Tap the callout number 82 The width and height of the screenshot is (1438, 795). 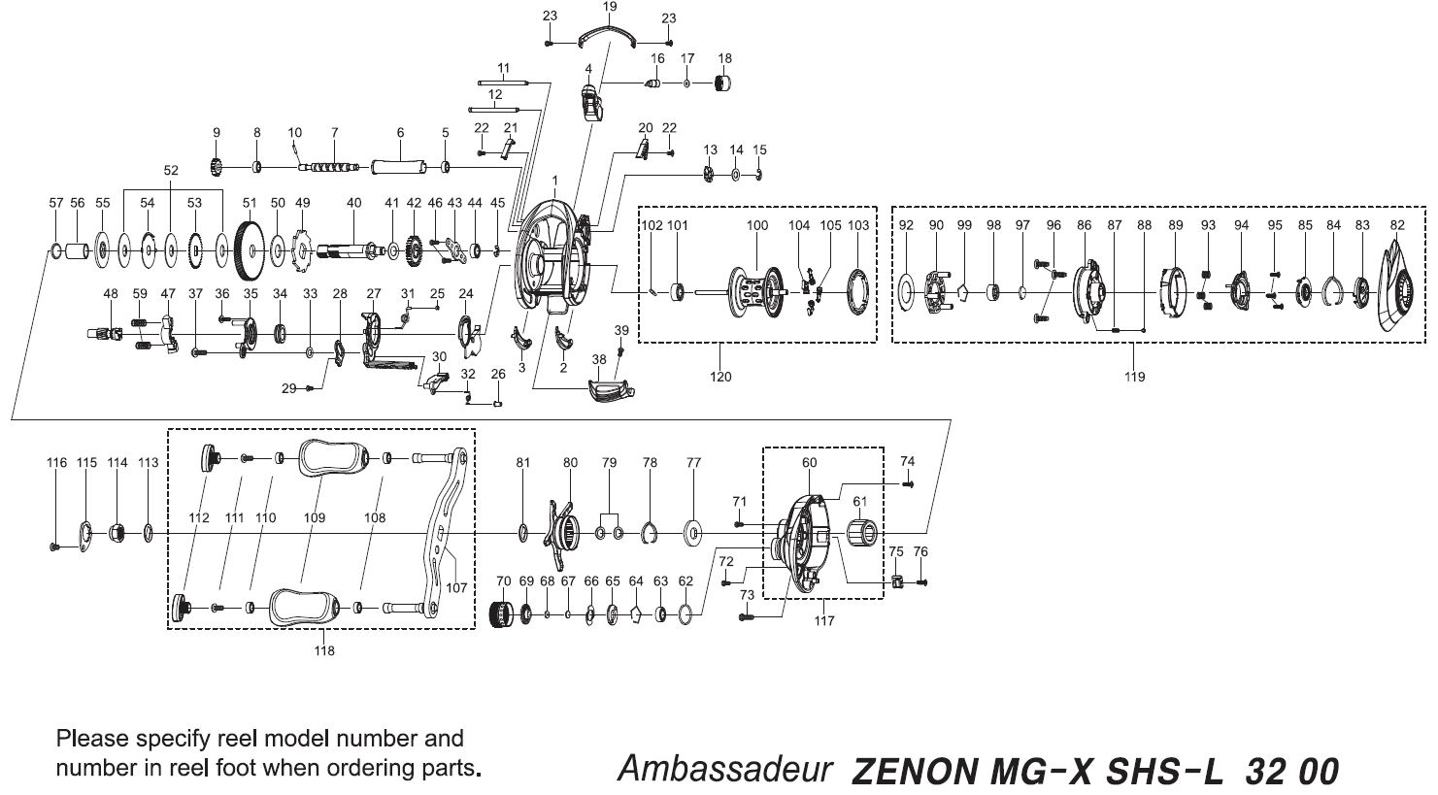click(1396, 224)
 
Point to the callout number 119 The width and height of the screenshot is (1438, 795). click(1134, 376)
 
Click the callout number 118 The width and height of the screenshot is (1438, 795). click(324, 650)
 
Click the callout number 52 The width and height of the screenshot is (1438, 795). click(171, 170)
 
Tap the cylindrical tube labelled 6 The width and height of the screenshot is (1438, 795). click(399, 167)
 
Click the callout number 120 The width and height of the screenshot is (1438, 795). click(720, 376)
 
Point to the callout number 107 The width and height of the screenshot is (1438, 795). click(456, 587)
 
